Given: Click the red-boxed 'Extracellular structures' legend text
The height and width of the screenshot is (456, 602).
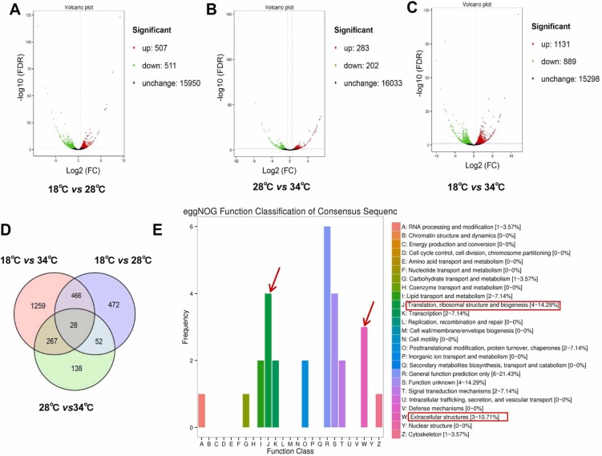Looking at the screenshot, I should pos(454,418).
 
